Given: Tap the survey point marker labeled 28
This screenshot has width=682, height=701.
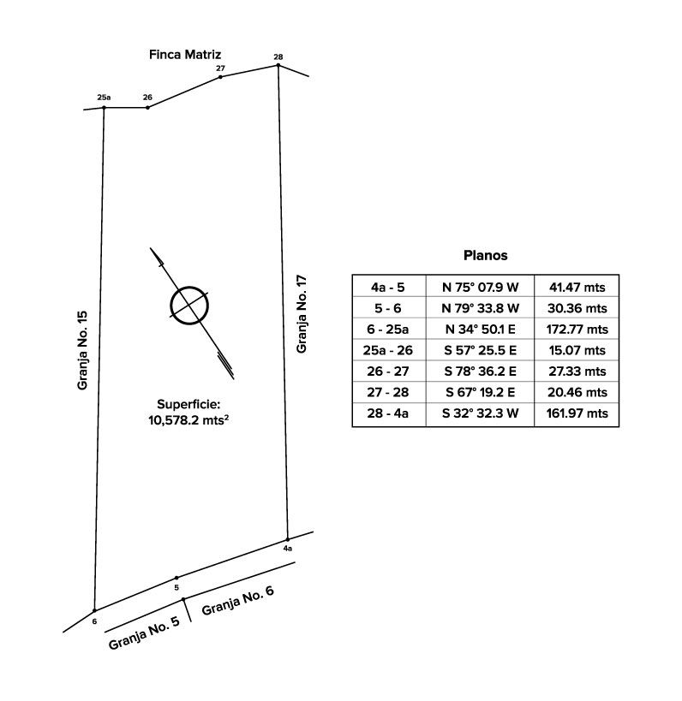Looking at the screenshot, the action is click(x=278, y=65).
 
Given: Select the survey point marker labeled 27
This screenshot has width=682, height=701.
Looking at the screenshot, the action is click(x=221, y=77).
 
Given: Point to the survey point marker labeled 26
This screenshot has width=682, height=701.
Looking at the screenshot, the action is click(x=147, y=108).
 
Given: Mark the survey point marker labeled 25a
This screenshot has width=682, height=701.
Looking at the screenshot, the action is click(x=104, y=108).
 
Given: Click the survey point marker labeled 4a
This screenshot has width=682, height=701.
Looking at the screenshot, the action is click(x=287, y=538).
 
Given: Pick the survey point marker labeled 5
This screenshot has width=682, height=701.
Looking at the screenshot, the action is click(x=176, y=578).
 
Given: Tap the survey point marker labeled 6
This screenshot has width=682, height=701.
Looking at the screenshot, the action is click(x=94, y=610).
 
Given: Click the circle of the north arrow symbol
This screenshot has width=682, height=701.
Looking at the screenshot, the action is click(x=189, y=305).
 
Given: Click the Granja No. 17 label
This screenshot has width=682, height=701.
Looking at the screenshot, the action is click(x=302, y=314).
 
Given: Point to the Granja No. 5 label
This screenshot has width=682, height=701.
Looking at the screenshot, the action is click(x=144, y=633).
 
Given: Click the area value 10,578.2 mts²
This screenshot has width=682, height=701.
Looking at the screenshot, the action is click(x=190, y=420).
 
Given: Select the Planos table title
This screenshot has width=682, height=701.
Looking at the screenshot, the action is click(x=485, y=255).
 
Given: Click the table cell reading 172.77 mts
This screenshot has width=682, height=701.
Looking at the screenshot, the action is click(x=576, y=329).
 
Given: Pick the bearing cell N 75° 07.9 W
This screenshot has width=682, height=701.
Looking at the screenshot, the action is click(x=480, y=286).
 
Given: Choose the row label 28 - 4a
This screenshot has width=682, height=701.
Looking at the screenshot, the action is click(x=389, y=413).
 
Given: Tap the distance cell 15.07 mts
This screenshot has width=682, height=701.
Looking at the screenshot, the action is click(x=576, y=350).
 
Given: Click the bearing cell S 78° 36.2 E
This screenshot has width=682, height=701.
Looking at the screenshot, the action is click(x=480, y=371).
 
